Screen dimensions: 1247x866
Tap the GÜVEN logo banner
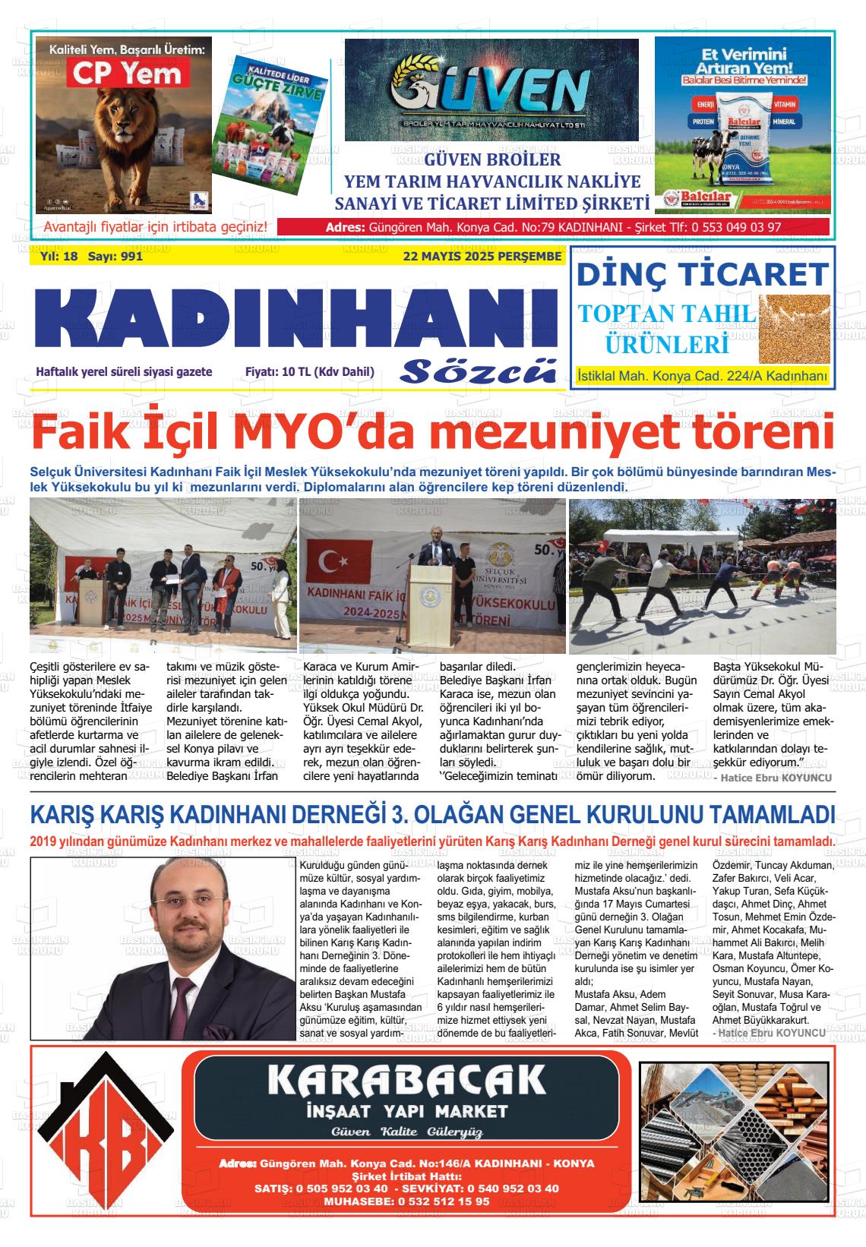[491, 90]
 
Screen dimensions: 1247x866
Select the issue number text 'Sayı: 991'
[115, 257]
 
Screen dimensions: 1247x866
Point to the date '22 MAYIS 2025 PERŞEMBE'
[482, 257]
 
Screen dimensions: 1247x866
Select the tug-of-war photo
[702, 575]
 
